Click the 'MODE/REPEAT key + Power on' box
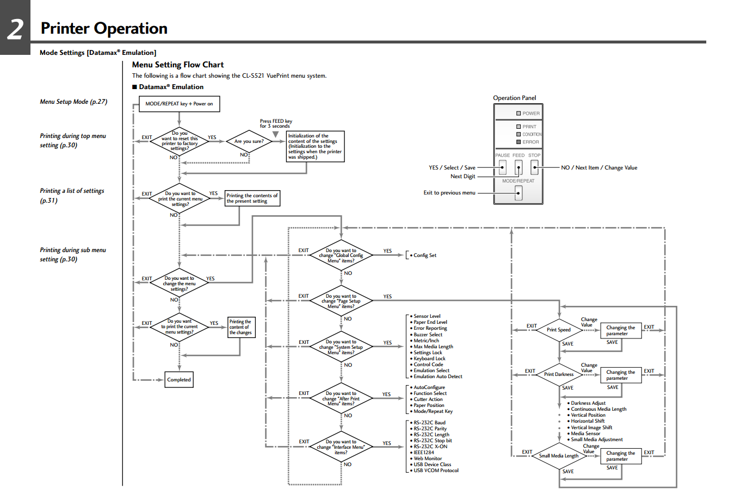(180, 104)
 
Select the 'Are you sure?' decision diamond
(249, 141)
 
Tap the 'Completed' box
(179, 380)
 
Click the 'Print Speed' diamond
(559, 330)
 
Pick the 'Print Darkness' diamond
(559, 374)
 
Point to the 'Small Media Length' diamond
(559, 456)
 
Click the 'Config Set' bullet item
(424, 255)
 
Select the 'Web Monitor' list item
(428, 459)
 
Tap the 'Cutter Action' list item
(428, 399)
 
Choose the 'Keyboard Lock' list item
(429, 359)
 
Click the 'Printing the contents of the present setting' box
(252, 198)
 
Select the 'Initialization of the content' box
(315, 147)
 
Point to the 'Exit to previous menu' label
(449, 193)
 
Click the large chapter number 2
(15, 28)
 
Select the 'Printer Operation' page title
(104, 28)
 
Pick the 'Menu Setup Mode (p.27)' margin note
(73, 102)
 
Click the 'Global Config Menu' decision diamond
(341, 255)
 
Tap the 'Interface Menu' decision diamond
(341, 447)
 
